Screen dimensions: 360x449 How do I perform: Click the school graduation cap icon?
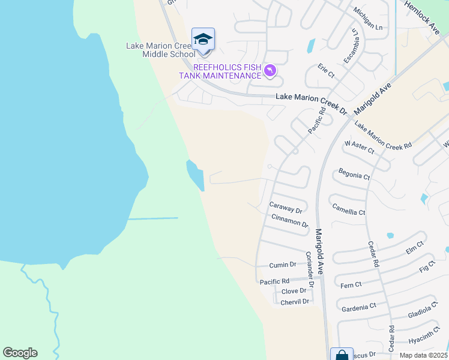pyautogui.click(x=203, y=40)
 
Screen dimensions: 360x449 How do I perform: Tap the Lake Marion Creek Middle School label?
pyautogui.click(x=160, y=50)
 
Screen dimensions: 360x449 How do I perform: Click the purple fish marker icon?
pyautogui.click(x=271, y=71)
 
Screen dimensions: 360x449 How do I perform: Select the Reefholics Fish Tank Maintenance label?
pyautogui.click(x=221, y=71)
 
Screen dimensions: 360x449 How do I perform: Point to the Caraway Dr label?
pyautogui.click(x=285, y=207)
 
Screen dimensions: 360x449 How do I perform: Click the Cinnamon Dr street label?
pyautogui.click(x=289, y=220)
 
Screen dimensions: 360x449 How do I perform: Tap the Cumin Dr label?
pyautogui.click(x=283, y=265)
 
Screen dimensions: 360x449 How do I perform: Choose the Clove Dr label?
pyautogui.click(x=294, y=291)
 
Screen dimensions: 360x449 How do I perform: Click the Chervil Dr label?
pyautogui.click(x=295, y=302)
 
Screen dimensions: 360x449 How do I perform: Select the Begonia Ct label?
pyautogui.click(x=354, y=175)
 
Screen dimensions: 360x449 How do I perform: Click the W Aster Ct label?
pyautogui.click(x=359, y=147)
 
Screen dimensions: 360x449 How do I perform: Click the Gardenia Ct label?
pyautogui.click(x=358, y=307)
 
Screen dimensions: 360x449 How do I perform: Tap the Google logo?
pyautogui.click(x=20, y=353)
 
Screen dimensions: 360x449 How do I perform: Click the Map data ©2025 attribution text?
pyautogui.click(x=424, y=355)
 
